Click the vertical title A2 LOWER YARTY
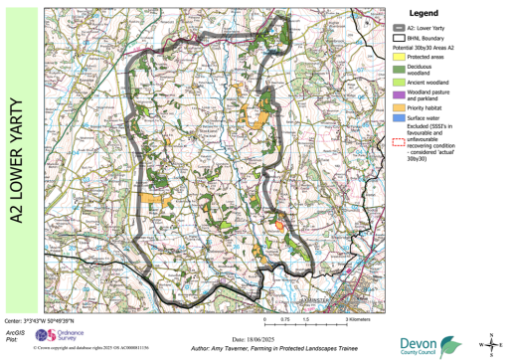point(19,159)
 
